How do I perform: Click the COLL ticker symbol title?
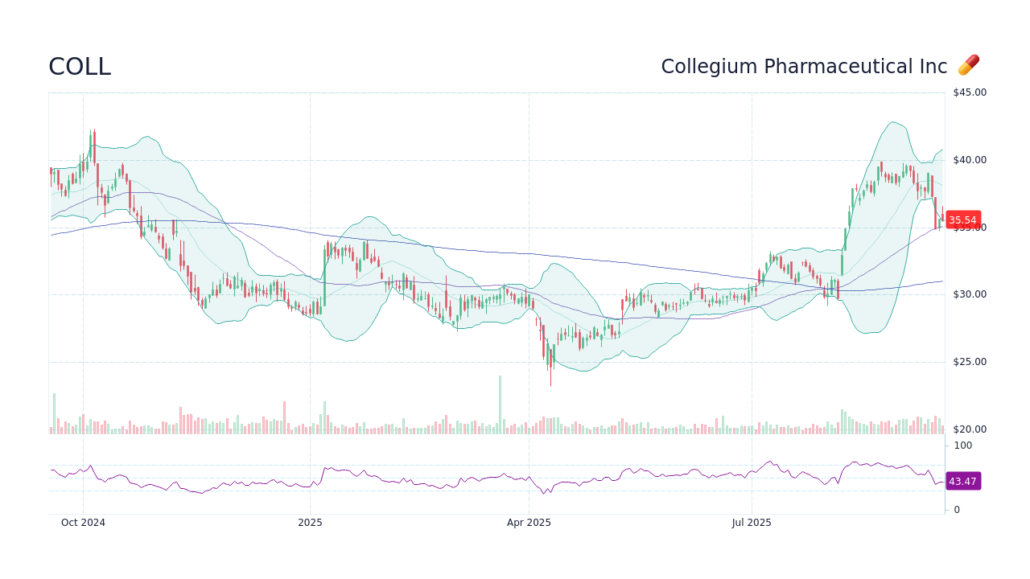(80, 67)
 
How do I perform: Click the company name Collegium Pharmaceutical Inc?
(804, 67)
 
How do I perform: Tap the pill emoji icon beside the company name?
(968, 65)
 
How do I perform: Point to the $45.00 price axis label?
(969, 92)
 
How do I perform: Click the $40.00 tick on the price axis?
(969, 160)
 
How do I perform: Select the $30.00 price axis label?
(969, 294)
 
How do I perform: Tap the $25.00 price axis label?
(969, 362)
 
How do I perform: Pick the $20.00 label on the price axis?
(969, 429)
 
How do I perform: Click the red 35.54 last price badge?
(962, 220)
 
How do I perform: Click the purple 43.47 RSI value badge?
(962, 482)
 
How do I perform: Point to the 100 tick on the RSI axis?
(963, 446)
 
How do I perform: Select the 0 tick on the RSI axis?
(957, 510)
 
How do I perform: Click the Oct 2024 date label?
(83, 523)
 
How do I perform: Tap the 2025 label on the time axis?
(310, 523)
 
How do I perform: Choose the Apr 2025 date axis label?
(529, 523)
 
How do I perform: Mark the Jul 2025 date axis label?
(752, 523)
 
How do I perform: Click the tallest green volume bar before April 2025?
(500, 405)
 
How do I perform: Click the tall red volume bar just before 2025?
(284, 418)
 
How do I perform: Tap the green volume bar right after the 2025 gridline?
(324, 418)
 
